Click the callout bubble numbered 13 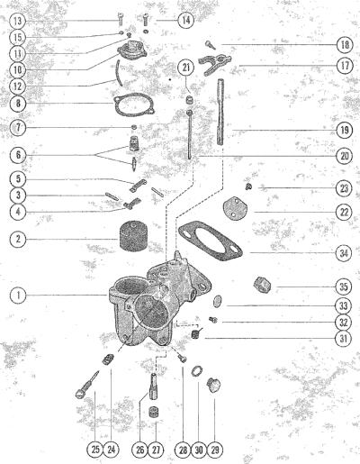click(x=18, y=21)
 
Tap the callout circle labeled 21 click(x=186, y=68)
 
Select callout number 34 click(x=344, y=253)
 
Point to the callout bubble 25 click(x=95, y=450)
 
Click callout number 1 click(x=18, y=296)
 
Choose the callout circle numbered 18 click(x=345, y=45)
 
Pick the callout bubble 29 click(x=215, y=450)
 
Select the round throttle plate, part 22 click(x=234, y=209)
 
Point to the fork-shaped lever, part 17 click(x=215, y=62)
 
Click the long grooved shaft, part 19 click(x=220, y=112)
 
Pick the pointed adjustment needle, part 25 click(x=87, y=385)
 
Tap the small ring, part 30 click(x=196, y=371)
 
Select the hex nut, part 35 click(x=262, y=286)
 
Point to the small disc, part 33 click(x=218, y=301)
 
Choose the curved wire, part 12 click(x=119, y=73)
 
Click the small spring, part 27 click(x=154, y=412)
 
